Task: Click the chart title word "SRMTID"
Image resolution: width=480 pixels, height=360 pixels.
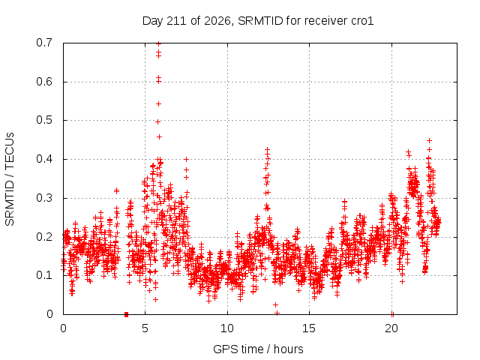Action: (x=261, y=21)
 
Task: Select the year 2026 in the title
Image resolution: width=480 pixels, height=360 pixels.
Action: (x=217, y=21)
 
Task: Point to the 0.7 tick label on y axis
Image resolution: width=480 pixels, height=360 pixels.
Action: (x=44, y=43)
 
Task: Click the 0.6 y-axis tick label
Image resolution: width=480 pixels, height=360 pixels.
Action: (x=44, y=82)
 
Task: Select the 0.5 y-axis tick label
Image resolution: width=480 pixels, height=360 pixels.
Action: (x=44, y=120)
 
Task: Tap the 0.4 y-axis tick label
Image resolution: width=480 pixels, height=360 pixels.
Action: (x=44, y=159)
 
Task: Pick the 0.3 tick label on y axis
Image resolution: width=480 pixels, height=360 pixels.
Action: (x=44, y=198)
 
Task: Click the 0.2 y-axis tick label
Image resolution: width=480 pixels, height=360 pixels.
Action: (x=44, y=237)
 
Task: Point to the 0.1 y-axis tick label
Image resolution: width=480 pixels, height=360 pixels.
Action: (x=44, y=275)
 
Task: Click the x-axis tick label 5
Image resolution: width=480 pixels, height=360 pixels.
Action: (x=145, y=328)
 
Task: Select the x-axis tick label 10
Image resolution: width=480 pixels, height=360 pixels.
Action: (x=227, y=328)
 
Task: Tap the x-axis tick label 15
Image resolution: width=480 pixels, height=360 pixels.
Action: (x=309, y=328)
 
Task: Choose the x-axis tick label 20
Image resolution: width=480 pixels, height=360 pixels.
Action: (x=391, y=328)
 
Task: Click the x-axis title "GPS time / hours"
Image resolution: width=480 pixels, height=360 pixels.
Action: (x=258, y=349)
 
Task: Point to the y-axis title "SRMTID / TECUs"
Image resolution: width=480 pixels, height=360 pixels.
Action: (x=10, y=179)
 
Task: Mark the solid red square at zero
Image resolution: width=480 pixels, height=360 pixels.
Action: (x=126, y=314)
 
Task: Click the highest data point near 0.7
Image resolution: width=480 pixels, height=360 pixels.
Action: (x=158, y=43)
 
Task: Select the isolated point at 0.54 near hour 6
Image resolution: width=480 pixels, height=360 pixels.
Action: (x=158, y=104)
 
